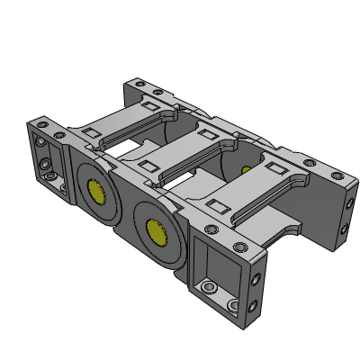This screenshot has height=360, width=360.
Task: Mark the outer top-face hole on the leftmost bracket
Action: point(41,119)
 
